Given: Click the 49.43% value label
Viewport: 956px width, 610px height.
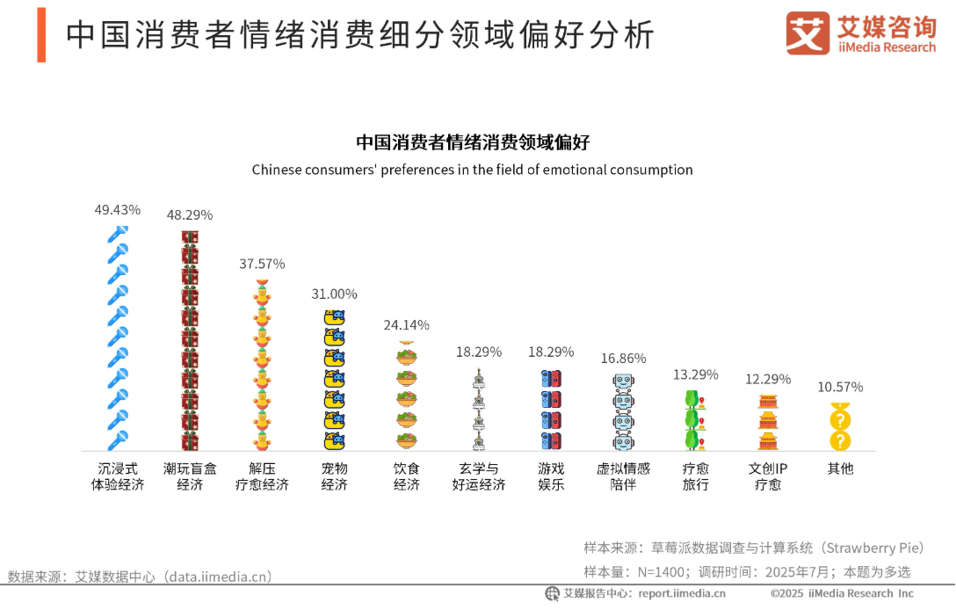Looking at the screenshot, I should (118, 210).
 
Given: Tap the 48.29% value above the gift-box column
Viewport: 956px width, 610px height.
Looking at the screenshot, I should (190, 215).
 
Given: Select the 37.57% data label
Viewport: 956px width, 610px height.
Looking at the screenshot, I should (262, 264).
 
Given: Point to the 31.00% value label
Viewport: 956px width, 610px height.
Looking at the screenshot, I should (334, 294).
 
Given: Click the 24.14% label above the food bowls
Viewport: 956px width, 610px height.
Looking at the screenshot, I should (406, 325).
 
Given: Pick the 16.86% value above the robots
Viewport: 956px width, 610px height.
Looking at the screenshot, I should (623, 359).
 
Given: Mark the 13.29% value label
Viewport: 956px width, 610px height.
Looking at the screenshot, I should (695, 374).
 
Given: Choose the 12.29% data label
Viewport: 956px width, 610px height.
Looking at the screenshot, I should (768, 380).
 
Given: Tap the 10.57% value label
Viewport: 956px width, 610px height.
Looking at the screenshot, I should (840, 388).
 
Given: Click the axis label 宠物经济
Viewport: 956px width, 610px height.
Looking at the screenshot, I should (334, 476).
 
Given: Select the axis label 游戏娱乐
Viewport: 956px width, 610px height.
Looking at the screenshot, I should (551, 476).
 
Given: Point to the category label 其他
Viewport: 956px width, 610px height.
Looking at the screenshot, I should (840, 468).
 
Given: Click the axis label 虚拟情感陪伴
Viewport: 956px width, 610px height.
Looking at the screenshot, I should (623, 476).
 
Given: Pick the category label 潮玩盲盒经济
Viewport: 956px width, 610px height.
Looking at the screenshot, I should (190, 476).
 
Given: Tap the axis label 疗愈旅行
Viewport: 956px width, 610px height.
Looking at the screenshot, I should (695, 476).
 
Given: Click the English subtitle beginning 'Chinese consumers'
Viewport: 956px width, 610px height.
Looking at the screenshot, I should (472, 170).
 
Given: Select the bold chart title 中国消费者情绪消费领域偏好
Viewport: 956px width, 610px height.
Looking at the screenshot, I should (472, 143).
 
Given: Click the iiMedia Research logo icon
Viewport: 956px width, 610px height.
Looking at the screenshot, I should (808, 33).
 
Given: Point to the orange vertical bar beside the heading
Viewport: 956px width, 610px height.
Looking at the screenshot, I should (41, 34).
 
